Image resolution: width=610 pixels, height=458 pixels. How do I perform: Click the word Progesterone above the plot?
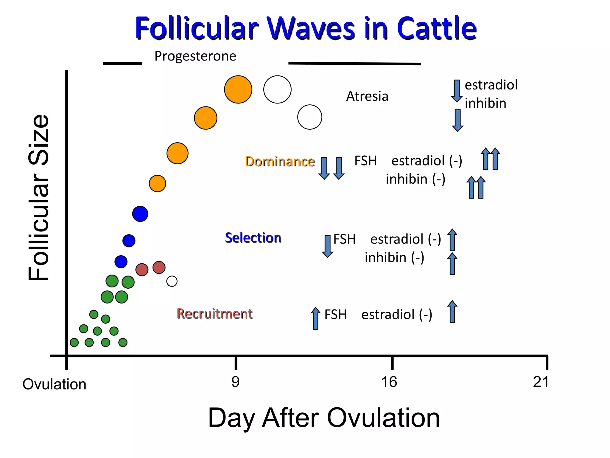[x=195, y=56]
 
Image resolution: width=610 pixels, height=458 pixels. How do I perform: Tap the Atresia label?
[x=367, y=96]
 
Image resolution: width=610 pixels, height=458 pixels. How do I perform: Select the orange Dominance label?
[x=280, y=161]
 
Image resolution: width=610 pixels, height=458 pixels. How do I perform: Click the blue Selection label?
[x=253, y=238]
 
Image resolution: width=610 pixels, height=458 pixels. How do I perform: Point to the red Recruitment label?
[x=214, y=314]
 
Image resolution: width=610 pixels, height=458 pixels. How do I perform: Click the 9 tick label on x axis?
[x=235, y=382]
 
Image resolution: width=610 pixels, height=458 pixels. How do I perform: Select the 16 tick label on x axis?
[x=389, y=382]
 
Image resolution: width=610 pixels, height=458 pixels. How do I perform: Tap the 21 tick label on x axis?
[x=541, y=382]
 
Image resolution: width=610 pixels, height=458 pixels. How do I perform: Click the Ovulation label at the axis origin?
[x=54, y=384]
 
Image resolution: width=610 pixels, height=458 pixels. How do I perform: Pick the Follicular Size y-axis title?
[x=39, y=197]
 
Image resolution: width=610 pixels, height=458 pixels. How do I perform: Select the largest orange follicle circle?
[x=238, y=89]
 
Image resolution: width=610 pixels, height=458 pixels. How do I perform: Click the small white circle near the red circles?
[x=172, y=281]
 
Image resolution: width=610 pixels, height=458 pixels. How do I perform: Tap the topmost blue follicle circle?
[x=140, y=213]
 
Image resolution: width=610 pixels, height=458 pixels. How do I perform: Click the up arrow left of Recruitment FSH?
[x=315, y=318]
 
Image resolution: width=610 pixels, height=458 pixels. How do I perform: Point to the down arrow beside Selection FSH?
[x=327, y=246]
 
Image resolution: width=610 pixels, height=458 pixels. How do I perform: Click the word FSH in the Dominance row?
[x=365, y=161]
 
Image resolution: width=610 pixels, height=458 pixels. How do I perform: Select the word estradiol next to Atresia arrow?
[x=491, y=85]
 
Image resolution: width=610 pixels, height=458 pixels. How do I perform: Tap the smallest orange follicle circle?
[x=157, y=183]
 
